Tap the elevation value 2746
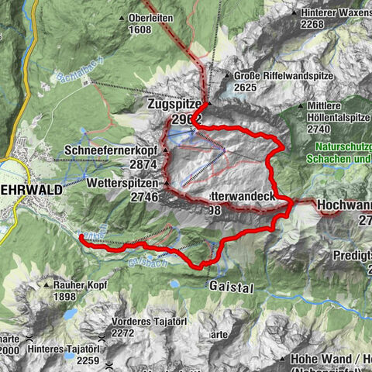(x=144, y=197)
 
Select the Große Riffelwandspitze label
(x=281, y=76)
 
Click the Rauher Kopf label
(x=79, y=284)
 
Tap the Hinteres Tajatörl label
(x=65, y=349)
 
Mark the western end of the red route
(x=81, y=236)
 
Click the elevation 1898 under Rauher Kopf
(x=69, y=296)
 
